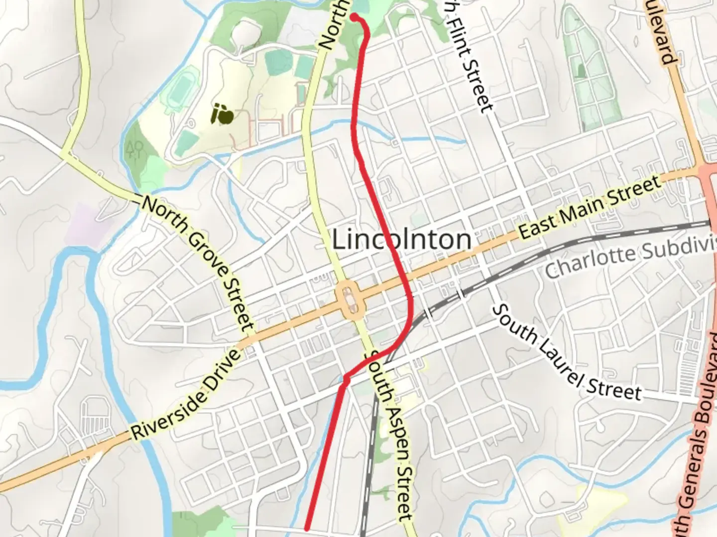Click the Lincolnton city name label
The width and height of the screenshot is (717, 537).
(x=401, y=240)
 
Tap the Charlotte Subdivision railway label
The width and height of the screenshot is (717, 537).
(x=630, y=259)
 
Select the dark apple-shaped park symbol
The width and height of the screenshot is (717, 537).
(x=222, y=114)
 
